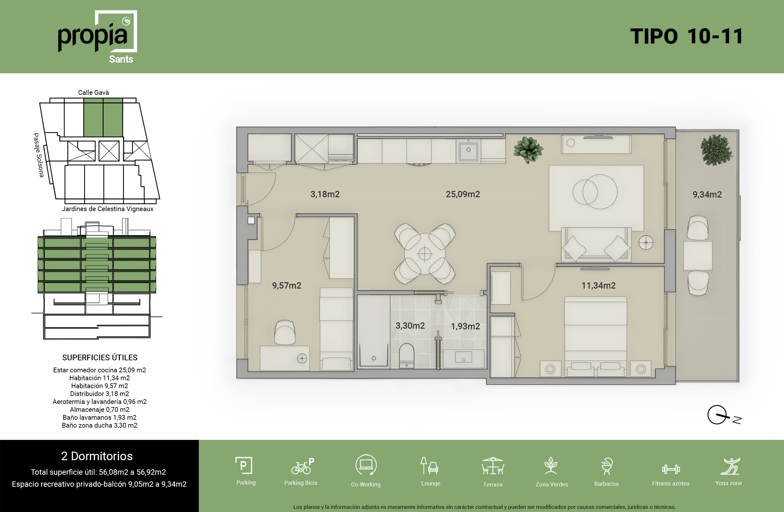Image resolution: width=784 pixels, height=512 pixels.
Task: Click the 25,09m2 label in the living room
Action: coord(462,194)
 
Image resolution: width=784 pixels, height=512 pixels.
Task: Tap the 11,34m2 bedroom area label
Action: coord(598,285)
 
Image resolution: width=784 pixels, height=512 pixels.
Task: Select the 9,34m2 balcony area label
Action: coord(707,195)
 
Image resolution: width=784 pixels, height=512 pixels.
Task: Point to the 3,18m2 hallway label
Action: coord(325,194)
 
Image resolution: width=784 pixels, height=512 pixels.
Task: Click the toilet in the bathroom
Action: coord(407,356)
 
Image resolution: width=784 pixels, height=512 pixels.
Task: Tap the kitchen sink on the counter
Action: coord(468,150)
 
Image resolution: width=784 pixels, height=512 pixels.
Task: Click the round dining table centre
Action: coord(425,253)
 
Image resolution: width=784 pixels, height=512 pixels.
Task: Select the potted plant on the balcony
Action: coord(716,150)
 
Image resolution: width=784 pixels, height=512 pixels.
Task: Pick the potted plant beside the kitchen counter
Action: coord(528,150)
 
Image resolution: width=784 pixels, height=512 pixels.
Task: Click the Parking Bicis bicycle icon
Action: coord(303,466)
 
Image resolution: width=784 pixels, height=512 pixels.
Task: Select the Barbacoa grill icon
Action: coord(606,466)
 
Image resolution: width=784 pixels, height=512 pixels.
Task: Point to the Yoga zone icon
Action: coord(730,466)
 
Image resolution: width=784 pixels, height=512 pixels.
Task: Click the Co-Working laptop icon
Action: coord(366,465)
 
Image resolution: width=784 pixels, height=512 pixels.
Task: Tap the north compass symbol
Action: coord(724,416)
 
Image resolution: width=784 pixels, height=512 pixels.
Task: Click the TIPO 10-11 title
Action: coord(687,36)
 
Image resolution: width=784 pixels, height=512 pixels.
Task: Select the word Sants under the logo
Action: coord(121,59)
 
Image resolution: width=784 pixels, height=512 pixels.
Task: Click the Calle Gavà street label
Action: coord(94,93)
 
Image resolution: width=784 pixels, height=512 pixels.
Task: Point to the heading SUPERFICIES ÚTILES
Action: coord(100,357)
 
